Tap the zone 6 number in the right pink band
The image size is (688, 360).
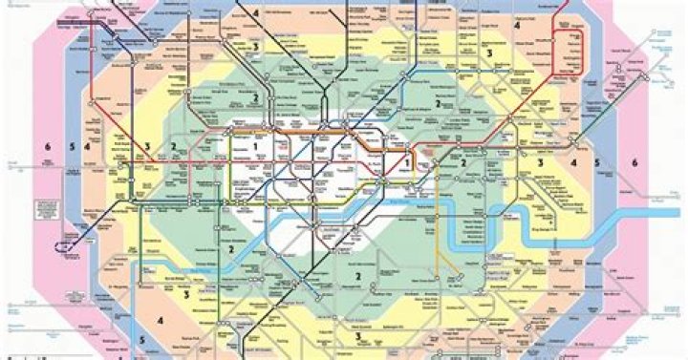(x=634, y=161)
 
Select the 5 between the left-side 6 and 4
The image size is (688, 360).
(x=71, y=146)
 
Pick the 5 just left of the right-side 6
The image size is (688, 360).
(x=597, y=162)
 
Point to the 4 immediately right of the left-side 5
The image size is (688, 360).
(x=87, y=146)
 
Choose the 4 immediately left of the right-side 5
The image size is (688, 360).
(x=573, y=162)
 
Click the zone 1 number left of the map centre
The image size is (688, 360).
(x=256, y=144)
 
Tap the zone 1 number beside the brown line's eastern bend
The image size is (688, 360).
(x=407, y=162)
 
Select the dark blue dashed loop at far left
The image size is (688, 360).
(x=63, y=245)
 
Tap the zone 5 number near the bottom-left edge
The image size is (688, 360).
(x=140, y=338)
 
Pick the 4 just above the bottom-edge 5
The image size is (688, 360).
(x=161, y=320)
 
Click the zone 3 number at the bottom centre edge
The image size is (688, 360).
(x=357, y=336)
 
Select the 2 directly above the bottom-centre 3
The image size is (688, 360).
(x=357, y=277)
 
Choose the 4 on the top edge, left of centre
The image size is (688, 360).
(x=256, y=12)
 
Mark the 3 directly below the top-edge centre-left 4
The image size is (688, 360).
(x=256, y=45)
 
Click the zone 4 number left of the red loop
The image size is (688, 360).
(x=516, y=26)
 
